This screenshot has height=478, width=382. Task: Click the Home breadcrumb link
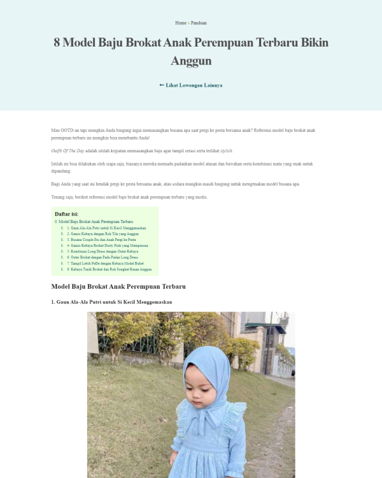pyautogui.click(x=180, y=23)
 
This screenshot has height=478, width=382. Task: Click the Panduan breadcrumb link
pyautogui.click(x=199, y=23)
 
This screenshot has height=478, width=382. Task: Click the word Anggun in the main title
pyautogui.click(x=191, y=61)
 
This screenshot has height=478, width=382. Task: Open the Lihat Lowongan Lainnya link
pyautogui.click(x=194, y=85)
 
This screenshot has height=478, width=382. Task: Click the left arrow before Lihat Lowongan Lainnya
pyautogui.click(x=162, y=85)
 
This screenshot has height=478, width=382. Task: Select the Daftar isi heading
pyautogui.click(x=66, y=214)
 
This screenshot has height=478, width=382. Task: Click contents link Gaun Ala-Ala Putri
pyautogui.click(x=106, y=228)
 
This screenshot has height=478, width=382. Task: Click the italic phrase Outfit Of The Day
pyautogui.click(x=68, y=151)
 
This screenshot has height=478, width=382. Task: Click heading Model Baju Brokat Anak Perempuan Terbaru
pyautogui.click(x=118, y=287)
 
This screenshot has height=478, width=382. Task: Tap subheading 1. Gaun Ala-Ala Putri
pyautogui.click(x=111, y=302)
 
